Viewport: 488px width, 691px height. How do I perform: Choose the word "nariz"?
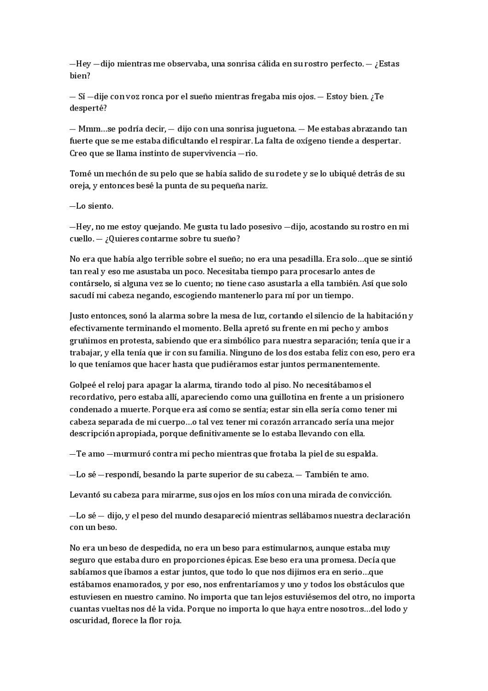click(x=256, y=186)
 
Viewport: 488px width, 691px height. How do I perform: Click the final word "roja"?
click(x=172, y=621)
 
